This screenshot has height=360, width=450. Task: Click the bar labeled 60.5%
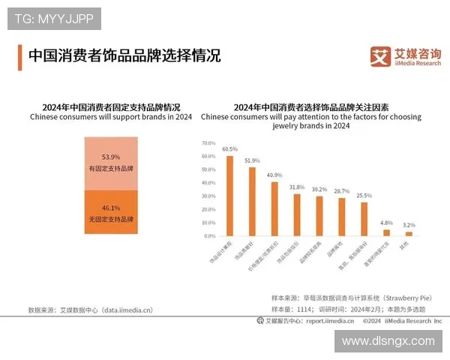click(x=230, y=196)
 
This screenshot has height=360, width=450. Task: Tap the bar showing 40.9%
click(x=274, y=208)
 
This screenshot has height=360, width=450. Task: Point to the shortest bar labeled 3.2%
click(x=409, y=233)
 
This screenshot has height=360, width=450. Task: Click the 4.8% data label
click(x=386, y=223)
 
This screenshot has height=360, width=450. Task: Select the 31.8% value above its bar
click(x=297, y=187)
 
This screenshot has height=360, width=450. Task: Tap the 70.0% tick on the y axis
click(x=208, y=142)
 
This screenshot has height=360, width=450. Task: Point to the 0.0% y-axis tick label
click(x=209, y=235)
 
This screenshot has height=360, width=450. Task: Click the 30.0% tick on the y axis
click(x=208, y=196)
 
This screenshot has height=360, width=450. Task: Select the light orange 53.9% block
click(x=110, y=162)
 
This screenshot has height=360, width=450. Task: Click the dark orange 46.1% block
click(x=110, y=213)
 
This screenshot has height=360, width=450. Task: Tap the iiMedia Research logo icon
click(x=380, y=56)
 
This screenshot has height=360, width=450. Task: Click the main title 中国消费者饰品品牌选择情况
click(x=124, y=56)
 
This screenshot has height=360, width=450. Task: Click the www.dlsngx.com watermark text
click(x=388, y=341)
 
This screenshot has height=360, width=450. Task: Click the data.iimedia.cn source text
click(x=127, y=309)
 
